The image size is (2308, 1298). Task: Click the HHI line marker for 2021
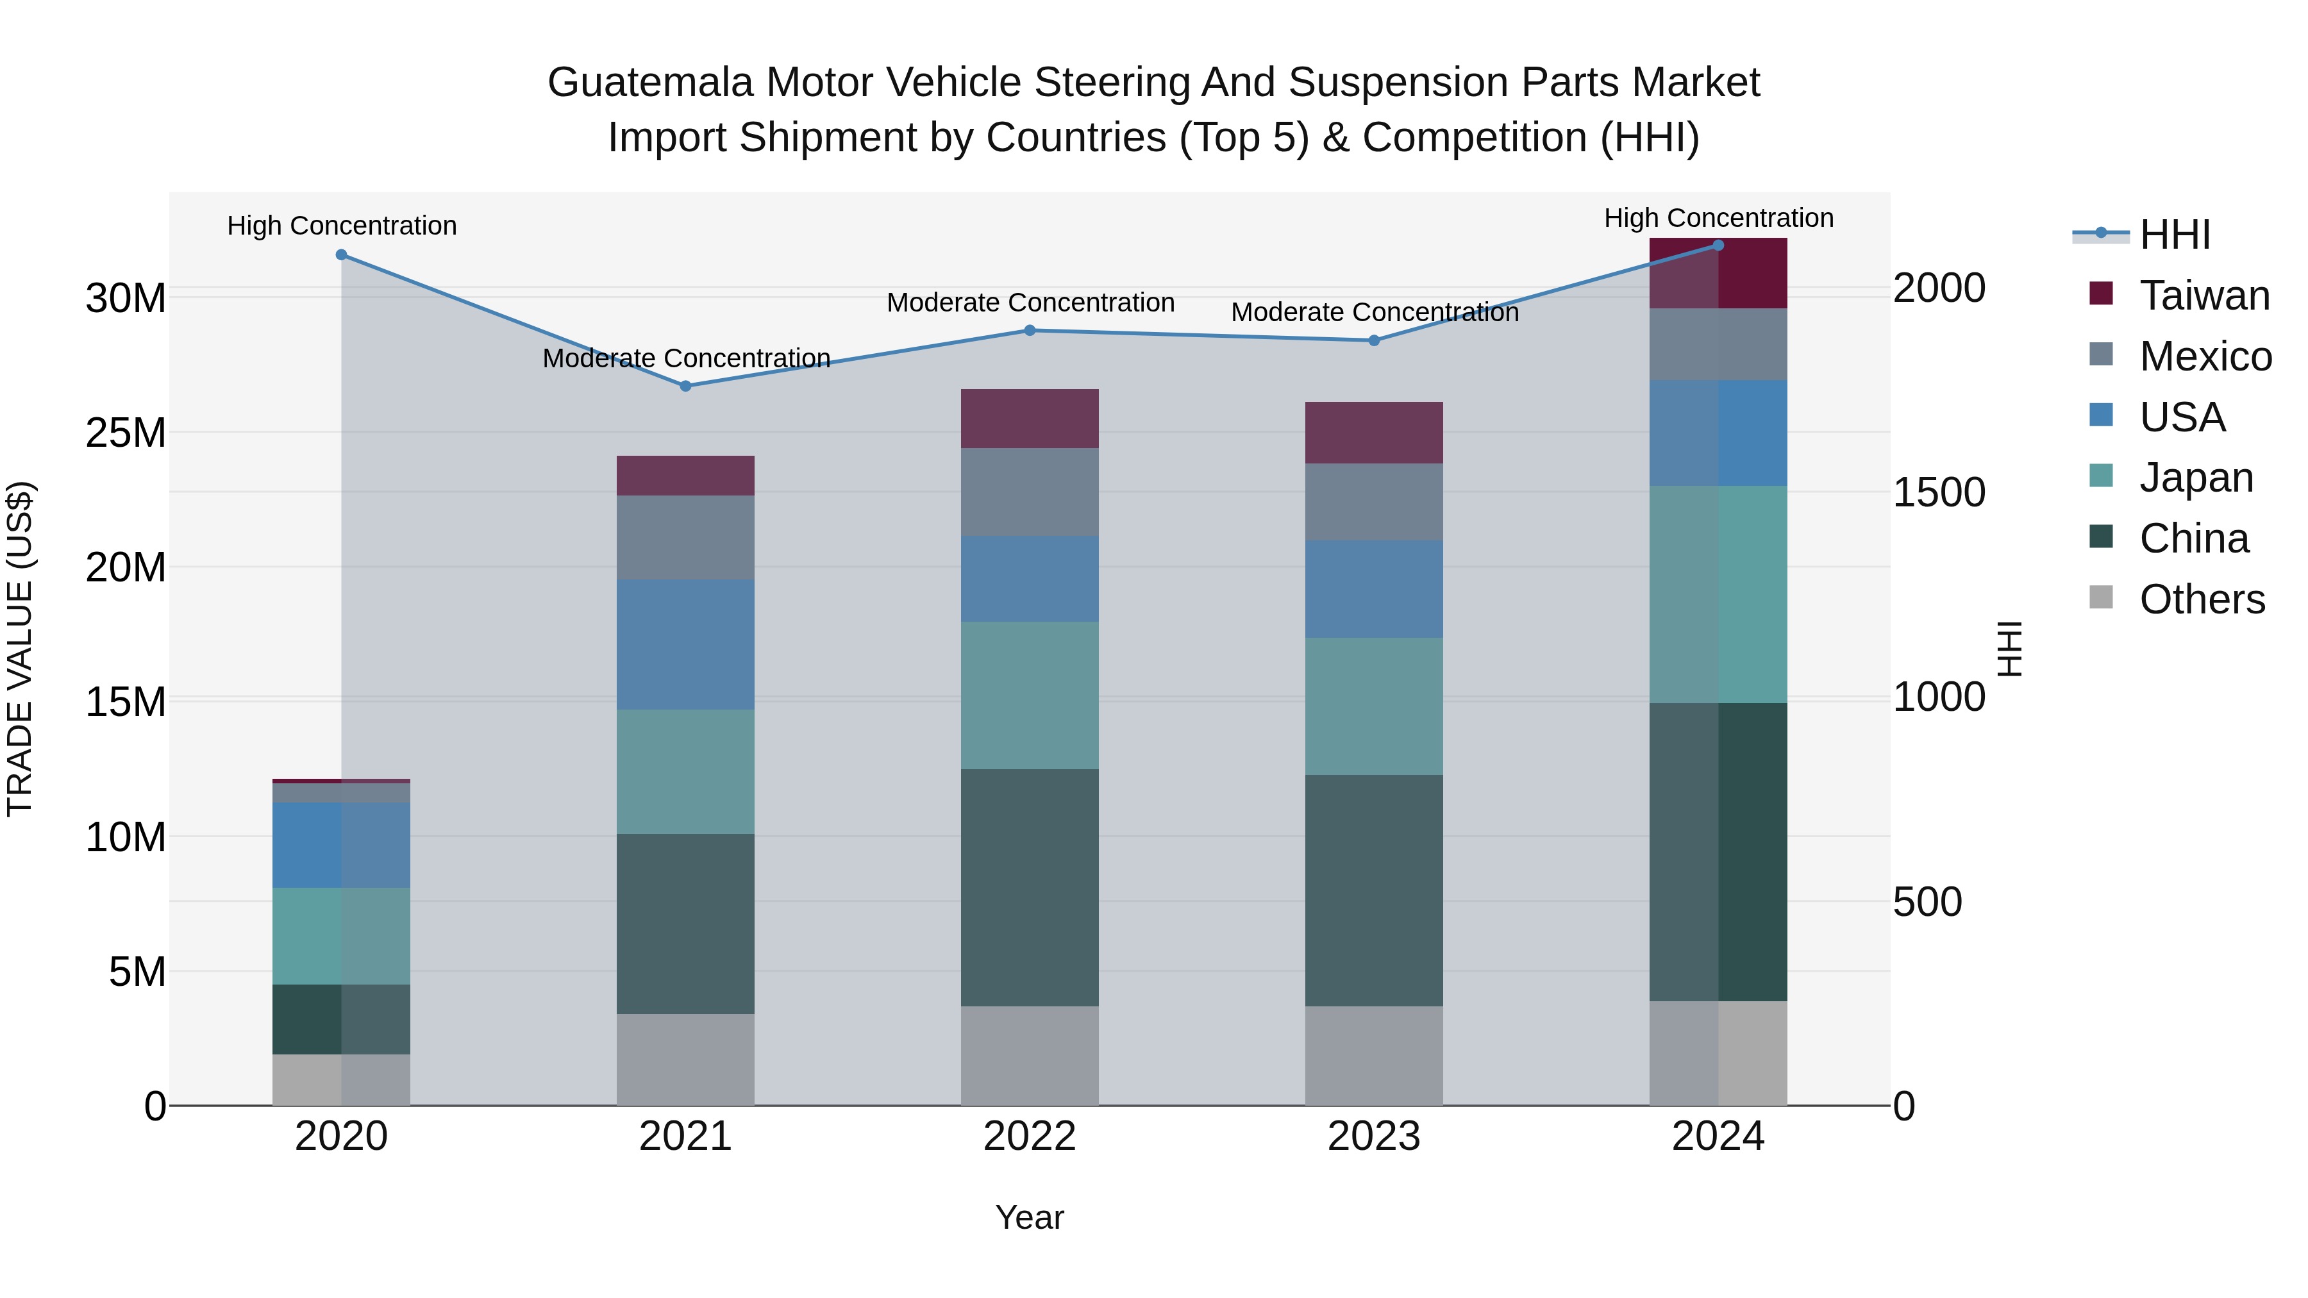[x=685, y=386]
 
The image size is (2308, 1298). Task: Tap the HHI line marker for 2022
[x=1030, y=331]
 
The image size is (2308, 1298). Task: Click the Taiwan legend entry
[x=2204, y=295]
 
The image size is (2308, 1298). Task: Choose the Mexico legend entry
[x=2205, y=356]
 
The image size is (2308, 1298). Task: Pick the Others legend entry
[x=2202, y=599]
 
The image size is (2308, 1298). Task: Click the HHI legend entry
[x=2175, y=235]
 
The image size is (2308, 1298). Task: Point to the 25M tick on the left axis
[x=126, y=433]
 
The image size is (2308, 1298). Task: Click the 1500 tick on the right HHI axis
[x=1939, y=492]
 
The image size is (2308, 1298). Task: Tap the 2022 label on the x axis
[x=1030, y=1136]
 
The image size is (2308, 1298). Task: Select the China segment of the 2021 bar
[x=685, y=924]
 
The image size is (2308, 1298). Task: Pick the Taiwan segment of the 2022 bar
[x=1030, y=419]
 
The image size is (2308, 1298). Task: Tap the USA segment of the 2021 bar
[x=685, y=644]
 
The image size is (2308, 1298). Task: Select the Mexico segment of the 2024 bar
[x=1718, y=344]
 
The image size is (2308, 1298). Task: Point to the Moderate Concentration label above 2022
[x=1030, y=303]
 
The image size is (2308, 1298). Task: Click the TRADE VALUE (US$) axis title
[x=20, y=649]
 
